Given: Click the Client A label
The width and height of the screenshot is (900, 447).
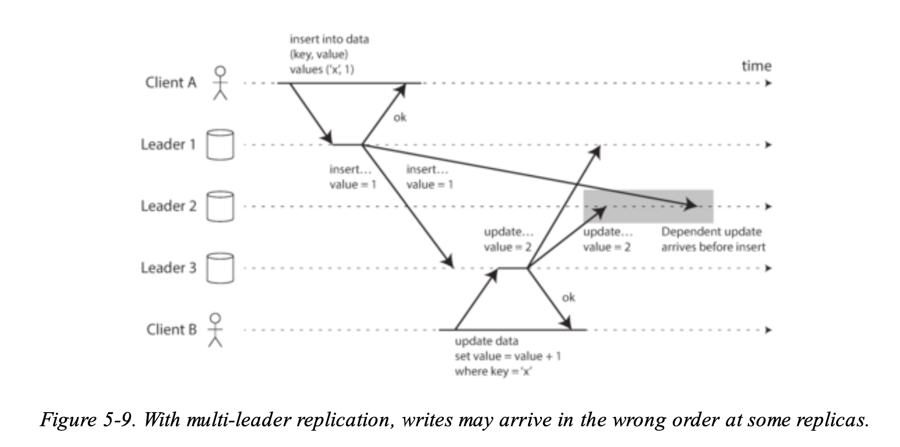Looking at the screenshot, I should (x=170, y=83).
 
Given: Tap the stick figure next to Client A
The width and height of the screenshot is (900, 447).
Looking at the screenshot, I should (x=220, y=83).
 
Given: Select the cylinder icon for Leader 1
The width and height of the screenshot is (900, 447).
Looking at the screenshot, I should (x=220, y=145).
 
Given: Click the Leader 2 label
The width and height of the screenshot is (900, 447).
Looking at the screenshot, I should (x=168, y=206).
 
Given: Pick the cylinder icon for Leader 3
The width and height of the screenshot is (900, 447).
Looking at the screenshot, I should (x=220, y=268).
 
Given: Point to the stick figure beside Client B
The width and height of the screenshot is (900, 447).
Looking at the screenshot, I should (x=216, y=329).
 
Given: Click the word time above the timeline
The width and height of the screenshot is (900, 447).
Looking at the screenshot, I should (x=756, y=66).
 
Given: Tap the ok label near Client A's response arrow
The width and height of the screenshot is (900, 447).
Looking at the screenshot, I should (x=400, y=118).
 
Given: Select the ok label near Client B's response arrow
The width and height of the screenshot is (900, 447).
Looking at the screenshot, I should (x=568, y=297).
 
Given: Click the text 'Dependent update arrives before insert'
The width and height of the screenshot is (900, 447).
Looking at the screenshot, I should (x=712, y=239).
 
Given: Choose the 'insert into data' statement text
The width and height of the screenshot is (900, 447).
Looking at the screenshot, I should (x=329, y=54).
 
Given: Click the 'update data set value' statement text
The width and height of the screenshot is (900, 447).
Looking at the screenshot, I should (x=507, y=356).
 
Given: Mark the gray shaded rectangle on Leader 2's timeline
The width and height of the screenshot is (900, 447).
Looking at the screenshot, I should (x=648, y=206).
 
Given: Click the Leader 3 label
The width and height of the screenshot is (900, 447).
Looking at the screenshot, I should (x=168, y=268).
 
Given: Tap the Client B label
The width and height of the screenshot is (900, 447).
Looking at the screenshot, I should (x=171, y=329).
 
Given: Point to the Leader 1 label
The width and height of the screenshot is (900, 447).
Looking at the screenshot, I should (x=168, y=145).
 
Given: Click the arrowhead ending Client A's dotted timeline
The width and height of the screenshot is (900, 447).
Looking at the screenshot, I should (x=768, y=83).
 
